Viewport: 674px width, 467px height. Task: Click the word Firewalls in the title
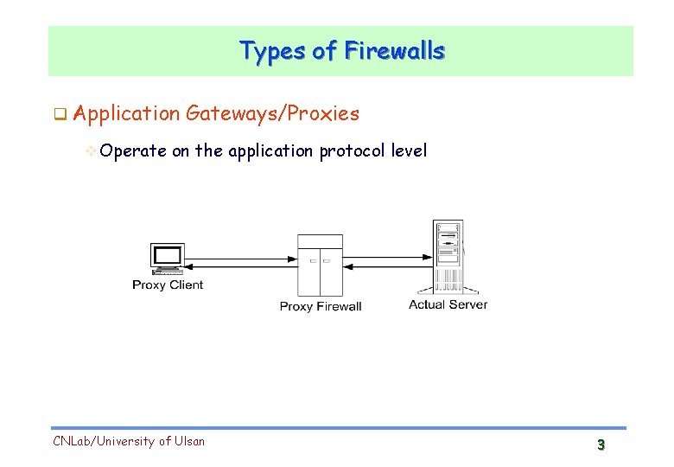click(394, 51)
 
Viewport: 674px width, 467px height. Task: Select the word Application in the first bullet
click(127, 113)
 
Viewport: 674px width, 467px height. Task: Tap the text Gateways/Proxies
click(272, 113)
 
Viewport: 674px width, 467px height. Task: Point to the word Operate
click(133, 151)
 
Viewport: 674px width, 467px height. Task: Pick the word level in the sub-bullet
click(409, 151)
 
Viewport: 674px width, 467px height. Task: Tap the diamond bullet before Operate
click(92, 151)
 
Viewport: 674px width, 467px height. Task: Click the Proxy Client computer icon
click(167, 259)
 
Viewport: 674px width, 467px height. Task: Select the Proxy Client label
click(168, 285)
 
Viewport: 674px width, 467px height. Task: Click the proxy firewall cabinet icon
click(320, 265)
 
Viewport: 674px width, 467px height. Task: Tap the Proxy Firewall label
click(321, 306)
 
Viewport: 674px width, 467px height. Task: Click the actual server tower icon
click(448, 256)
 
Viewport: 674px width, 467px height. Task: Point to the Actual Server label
click(448, 304)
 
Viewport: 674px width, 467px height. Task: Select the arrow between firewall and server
click(387, 256)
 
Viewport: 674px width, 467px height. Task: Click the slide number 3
click(601, 445)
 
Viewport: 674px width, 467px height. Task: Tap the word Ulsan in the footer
click(188, 442)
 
